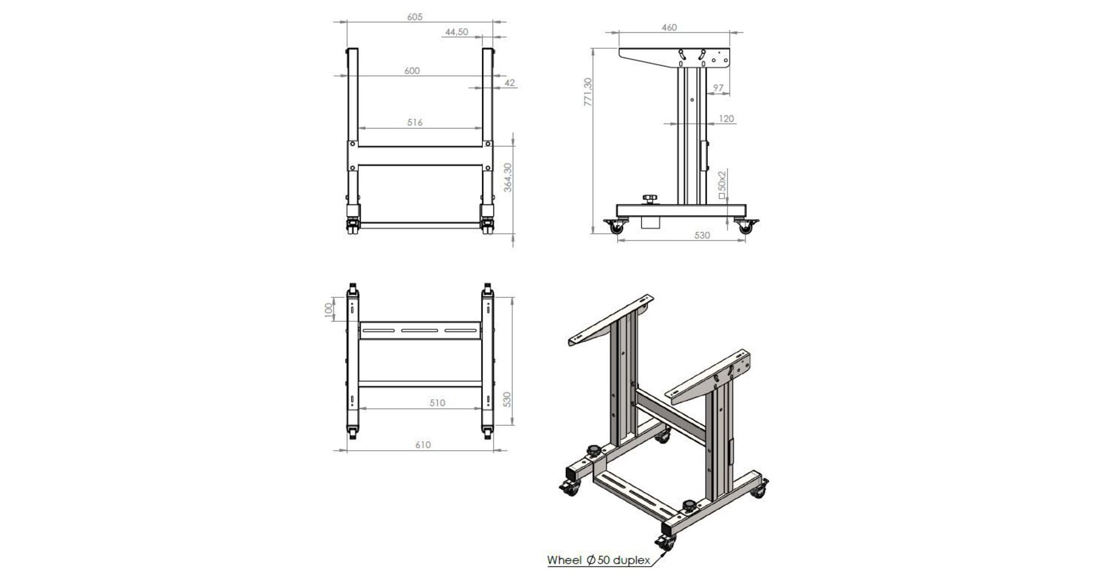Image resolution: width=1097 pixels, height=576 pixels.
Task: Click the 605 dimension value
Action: point(415,17)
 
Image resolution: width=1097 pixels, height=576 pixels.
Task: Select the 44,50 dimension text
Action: point(457,32)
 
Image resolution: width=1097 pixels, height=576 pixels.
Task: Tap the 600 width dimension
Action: point(412,71)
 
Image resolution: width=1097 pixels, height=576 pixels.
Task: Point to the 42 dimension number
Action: point(510,83)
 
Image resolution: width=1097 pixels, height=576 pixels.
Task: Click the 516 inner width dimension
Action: point(415,123)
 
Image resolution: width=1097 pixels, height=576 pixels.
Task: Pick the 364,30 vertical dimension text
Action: point(507,177)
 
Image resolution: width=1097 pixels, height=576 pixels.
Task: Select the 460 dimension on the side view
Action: point(669,27)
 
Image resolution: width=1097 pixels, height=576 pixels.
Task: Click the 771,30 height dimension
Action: point(588,92)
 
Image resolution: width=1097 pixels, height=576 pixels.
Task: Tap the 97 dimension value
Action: point(718,88)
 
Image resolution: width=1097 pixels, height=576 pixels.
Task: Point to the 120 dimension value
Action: point(726,119)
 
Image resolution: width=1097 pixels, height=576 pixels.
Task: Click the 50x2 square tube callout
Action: point(722,185)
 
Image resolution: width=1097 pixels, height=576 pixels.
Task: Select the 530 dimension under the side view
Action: point(702,235)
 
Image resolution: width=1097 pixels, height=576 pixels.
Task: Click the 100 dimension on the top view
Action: point(328,309)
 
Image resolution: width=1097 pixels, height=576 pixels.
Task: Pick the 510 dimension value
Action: point(437,403)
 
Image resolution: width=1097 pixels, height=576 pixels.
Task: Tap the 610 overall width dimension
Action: point(423,445)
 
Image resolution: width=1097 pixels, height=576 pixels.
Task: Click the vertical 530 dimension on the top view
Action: point(506,400)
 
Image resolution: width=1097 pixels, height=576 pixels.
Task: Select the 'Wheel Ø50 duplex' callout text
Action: point(598,560)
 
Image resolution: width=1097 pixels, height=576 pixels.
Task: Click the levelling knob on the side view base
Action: point(650,198)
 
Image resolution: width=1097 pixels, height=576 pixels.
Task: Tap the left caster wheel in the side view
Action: point(616,227)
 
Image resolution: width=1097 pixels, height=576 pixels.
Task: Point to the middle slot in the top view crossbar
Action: point(420,330)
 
